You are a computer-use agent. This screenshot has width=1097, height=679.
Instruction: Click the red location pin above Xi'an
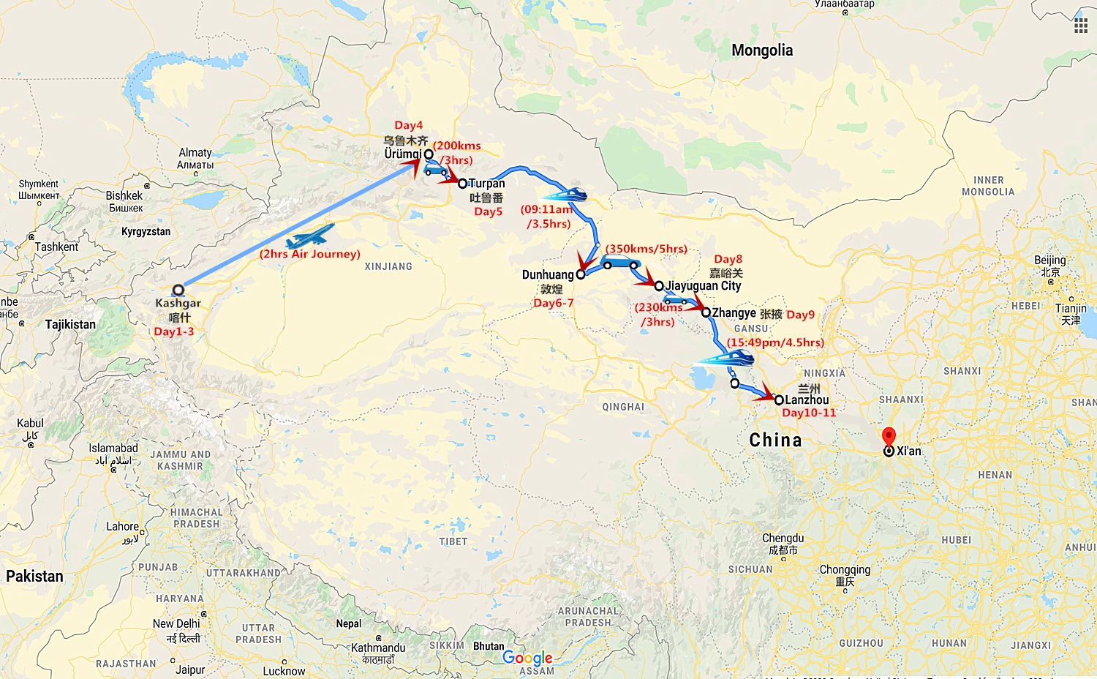(x=889, y=436)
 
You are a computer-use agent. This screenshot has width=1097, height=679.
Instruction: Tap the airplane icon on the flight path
(x=310, y=236)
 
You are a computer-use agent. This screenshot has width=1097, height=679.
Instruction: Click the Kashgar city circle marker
(x=178, y=290)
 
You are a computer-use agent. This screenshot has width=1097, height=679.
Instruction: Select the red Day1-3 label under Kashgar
(x=174, y=331)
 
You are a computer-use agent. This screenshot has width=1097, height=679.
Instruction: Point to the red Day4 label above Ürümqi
(x=408, y=125)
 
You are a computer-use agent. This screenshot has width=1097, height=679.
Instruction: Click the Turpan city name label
(x=486, y=183)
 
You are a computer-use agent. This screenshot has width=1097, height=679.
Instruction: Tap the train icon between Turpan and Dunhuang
(x=565, y=195)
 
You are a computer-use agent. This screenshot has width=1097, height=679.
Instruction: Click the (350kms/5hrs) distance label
(x=646, y=249)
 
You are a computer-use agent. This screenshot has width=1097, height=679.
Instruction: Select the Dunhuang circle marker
(x=581, y=275)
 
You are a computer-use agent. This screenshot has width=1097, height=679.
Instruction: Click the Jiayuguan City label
(x=704, y=286)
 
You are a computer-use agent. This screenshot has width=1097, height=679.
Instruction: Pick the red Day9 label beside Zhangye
(x=800, y=315)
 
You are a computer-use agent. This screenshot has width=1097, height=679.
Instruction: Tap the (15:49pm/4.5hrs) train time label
(x=775, y=342)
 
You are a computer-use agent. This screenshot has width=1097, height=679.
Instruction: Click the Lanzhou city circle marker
(x=779, y=399)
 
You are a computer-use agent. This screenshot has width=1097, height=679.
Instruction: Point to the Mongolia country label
(x=762, y=50)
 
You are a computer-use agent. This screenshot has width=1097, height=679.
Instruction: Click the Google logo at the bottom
(x=527, y=658)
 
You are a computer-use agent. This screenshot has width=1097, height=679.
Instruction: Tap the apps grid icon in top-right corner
(x=1080, y=26)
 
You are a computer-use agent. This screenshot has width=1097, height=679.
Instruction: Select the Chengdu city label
(x=783, y=539)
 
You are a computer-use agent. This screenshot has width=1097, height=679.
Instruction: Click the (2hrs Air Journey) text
(x=310, y=254)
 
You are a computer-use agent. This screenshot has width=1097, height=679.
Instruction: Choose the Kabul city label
(x=30, y=424)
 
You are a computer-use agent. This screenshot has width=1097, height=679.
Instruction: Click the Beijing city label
(x=1049, y=260)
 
